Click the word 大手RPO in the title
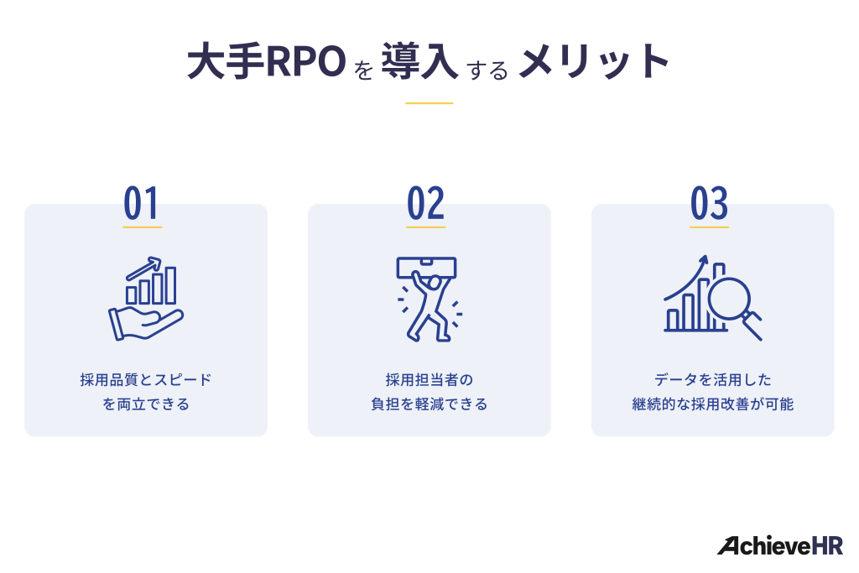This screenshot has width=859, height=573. pyautogui.click(x=264, y=64)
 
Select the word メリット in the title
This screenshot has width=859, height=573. pyautogui.click(x=594, y=63)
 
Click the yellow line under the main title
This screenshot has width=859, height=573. pyautogui.click(x=429, y=103)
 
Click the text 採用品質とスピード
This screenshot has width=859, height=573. pyautogui.click(x=146, y=380)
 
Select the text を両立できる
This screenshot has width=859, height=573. pyautogui.click(x=146, y=404)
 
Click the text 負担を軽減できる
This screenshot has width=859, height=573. pyautogui.click(x=429, y=404)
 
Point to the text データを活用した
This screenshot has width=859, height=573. pyautogui.click(x=713, y=380)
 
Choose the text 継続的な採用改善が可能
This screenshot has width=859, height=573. pyautogui.click(x=713, y=404)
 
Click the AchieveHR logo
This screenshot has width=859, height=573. pyautogui.click(x=779, y=545)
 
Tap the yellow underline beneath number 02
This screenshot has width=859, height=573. pyautogui.click(x=426, y=227)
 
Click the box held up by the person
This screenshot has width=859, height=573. pyautogui.click(x=427, y=268)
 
